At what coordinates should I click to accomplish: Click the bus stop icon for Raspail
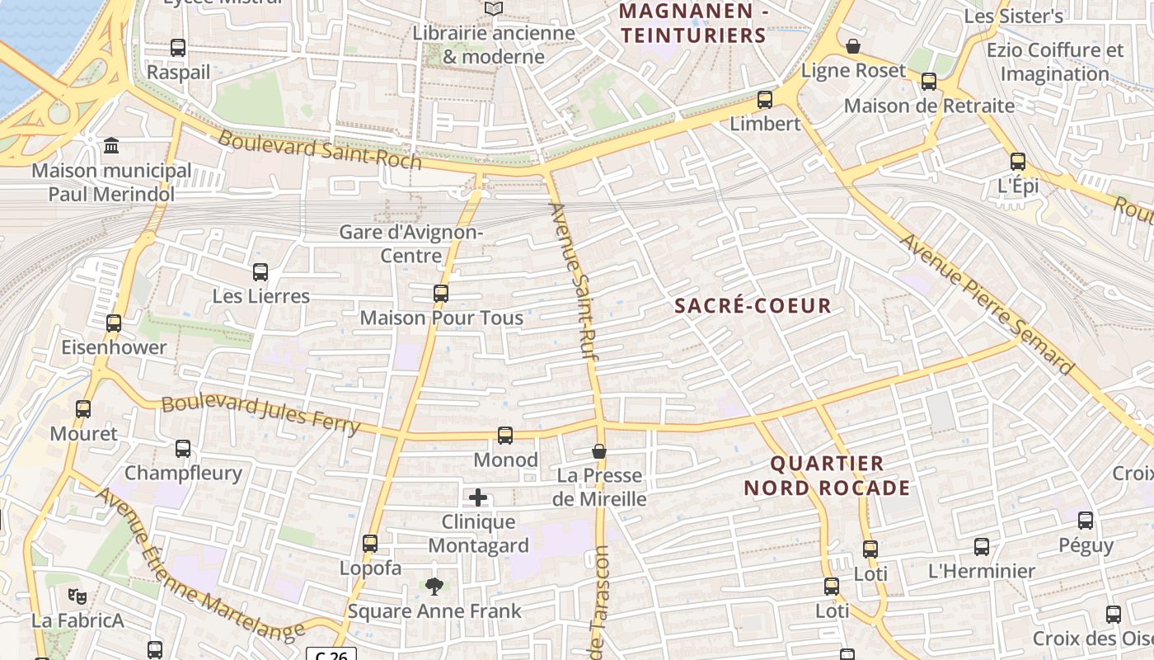tap(178, 48)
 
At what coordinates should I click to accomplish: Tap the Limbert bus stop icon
tap(765, 100)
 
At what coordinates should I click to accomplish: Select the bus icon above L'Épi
tap(1018, 162)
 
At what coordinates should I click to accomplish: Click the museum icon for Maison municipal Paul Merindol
tap(111, 146)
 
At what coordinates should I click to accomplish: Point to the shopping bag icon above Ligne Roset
tap(853, 46)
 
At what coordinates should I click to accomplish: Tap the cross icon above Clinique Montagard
tap(478, 497)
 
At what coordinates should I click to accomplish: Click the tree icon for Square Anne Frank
tap(434, 587)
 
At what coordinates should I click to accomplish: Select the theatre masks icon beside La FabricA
tap(77, 596)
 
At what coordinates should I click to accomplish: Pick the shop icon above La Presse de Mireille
tap(599, 451)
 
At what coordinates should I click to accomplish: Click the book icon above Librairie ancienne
tap(494, 9)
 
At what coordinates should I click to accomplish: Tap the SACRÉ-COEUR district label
tap(753, 306)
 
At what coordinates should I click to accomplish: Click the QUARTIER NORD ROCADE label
tap(827, 475)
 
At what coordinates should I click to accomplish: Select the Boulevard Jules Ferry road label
tap(260, 413)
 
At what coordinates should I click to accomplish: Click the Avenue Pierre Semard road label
tap(987, 303)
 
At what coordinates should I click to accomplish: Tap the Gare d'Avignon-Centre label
tap(411, 243)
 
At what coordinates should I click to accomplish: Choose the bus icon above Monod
tap(505, 435)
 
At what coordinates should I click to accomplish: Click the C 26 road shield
tap(333, 654)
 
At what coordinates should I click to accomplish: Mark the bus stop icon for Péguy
tap(1086, 521)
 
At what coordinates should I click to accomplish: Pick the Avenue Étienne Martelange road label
tap(200, 565)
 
